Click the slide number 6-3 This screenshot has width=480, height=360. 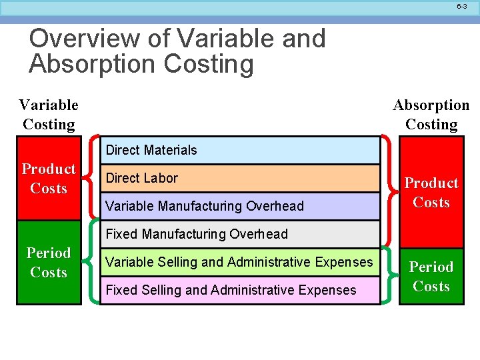point(462,6)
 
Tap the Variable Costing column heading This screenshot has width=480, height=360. point(49,115)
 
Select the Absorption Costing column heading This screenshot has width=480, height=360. point(431,115)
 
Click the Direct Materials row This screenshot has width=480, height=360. point(240,150)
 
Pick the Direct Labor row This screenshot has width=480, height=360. point(240,178)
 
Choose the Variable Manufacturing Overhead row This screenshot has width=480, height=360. point(240,206)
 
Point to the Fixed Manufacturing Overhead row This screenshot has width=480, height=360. point(240,234)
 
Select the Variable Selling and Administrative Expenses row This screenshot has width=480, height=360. point(240,262)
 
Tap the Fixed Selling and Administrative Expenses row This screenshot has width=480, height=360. point(240,290)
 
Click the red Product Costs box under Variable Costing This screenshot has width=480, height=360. point(49,179)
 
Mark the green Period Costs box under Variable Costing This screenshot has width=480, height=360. point(49,263)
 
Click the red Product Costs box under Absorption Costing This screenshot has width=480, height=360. point(431,193)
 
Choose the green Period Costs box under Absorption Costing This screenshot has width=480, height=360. point(431,277)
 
